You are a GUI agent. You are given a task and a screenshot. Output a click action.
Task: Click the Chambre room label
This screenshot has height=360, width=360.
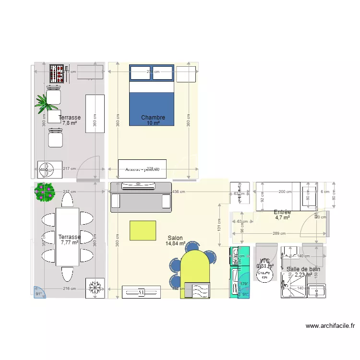(x=153, y=118)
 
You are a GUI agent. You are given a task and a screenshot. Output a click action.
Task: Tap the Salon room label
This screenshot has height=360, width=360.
(x=175, y=238)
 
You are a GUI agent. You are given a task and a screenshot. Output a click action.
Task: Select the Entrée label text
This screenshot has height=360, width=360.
(x=282, y=212)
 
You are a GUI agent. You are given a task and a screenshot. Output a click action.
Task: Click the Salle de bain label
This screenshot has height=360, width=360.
(x=303, y=269)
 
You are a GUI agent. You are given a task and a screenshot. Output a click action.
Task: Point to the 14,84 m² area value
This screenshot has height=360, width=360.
(x=175, y=243)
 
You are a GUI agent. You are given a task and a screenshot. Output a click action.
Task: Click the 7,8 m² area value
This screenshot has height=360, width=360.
(x=70, y=123)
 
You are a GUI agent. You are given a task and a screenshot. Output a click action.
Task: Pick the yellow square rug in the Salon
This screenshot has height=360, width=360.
(x=143, y=230)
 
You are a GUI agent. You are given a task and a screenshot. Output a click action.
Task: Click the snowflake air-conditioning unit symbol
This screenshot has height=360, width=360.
(x=95, y=288)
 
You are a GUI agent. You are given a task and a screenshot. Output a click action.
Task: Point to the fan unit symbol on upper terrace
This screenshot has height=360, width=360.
(x=47, y=169)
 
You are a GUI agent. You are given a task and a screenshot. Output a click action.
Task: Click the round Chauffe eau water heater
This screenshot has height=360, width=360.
(x=264, y=275)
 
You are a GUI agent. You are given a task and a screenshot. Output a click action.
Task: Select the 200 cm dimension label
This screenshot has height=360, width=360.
(x=285, y=192)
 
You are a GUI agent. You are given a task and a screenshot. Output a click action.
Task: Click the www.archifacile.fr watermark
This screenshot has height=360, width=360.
(x=330, y=326)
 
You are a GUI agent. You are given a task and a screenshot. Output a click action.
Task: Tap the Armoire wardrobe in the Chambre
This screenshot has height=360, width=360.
(x=142, y=169)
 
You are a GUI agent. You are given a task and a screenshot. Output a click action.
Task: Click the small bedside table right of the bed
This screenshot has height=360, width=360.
(x=186, y=74)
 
